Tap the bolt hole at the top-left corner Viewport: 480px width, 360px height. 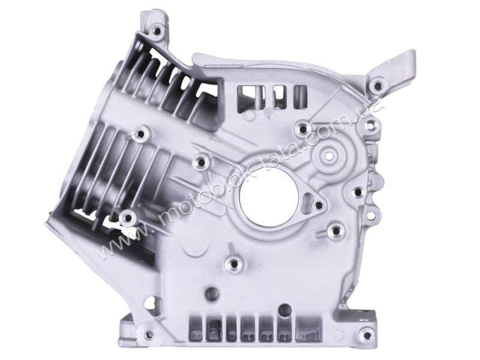[158, 31]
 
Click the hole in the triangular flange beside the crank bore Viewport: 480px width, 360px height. [319, 205]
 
